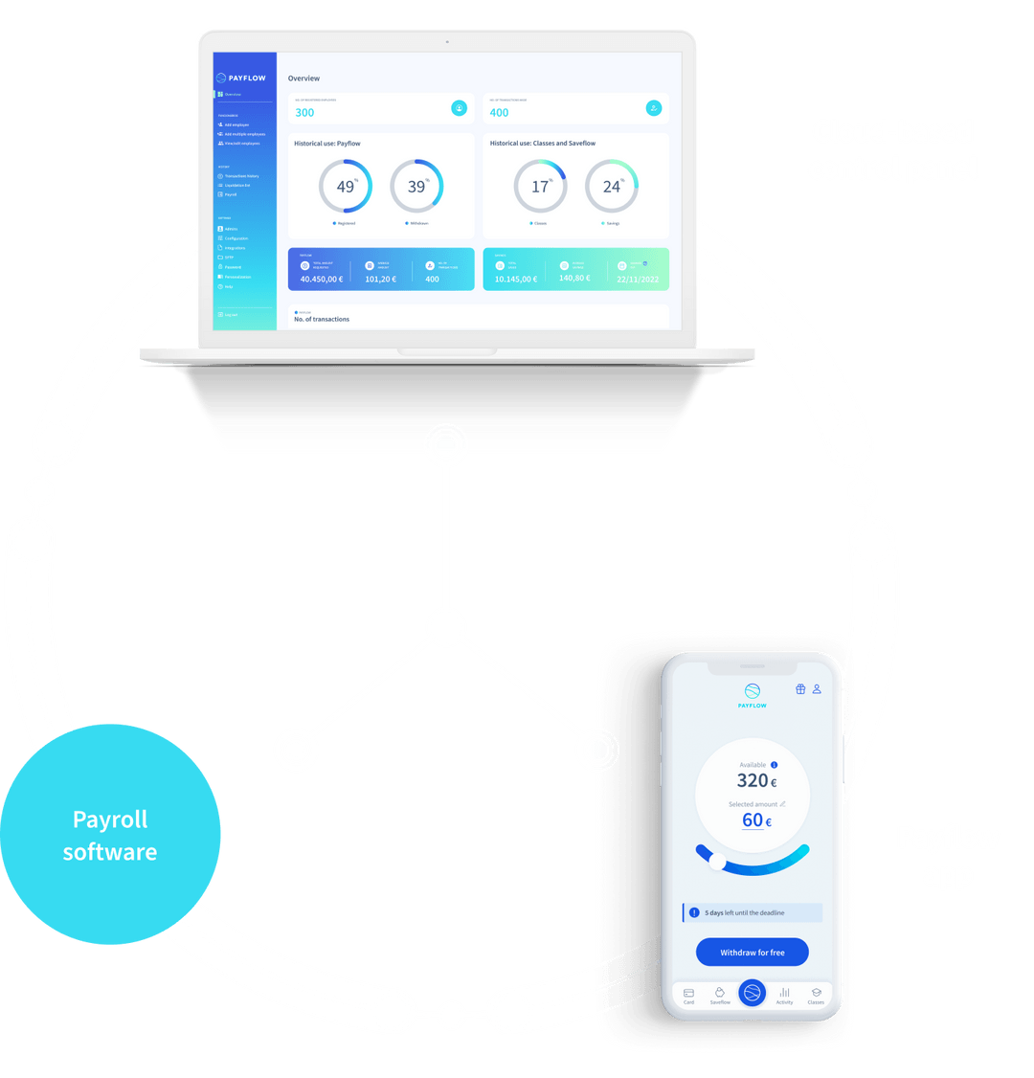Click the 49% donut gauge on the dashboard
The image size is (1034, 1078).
pos(345,186)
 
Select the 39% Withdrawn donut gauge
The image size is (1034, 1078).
pos(416,186)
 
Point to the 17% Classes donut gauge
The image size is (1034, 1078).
pos(540,186)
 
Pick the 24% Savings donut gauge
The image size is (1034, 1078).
pos(612,186)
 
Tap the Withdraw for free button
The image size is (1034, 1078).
pos(752,953)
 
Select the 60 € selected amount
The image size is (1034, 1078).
pos(755,820)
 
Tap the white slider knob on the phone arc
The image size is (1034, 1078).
pos(717,862)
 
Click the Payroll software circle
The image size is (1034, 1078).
pos(110,835)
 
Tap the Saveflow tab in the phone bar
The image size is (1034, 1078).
pos(720,995)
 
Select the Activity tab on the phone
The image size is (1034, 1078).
pos(784,995)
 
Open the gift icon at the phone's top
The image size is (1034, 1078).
pos(800,689)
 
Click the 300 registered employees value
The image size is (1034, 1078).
pos(304,113)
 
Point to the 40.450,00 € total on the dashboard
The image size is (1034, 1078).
pos(321,280)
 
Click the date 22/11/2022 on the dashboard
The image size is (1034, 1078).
pos(638,280)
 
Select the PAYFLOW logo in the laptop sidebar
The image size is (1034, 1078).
pos(241,78)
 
